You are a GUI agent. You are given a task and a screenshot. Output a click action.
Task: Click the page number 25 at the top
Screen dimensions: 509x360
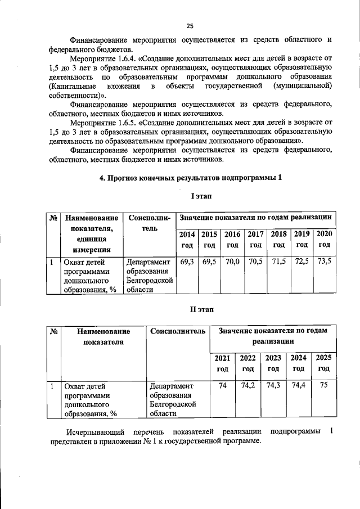click(x=190, y=25)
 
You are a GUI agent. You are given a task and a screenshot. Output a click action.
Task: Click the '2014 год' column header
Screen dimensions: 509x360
click(x=187, y=240)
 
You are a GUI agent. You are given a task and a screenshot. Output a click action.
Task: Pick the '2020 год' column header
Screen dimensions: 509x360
click(x=324, y=239)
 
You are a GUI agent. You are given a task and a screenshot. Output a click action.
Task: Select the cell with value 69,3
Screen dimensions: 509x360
click(x=187, y=262)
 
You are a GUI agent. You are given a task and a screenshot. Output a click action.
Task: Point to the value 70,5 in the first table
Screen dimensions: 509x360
click(x=255, y=262)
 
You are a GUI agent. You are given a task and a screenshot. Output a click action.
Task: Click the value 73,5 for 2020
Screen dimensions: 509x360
click(x=324, y=262)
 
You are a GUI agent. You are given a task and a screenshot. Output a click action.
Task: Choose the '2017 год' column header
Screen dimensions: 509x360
click(x=255, y=240)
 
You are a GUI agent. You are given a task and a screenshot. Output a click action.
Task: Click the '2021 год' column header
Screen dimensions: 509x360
click(x=222, y=363)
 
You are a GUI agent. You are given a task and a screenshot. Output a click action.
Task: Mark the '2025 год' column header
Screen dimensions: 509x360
click(x=323, y=363)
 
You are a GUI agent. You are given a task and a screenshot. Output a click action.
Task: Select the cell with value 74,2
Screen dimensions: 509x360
click(x=247, y=386)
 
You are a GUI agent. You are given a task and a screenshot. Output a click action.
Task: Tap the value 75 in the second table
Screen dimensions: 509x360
click(x=323, y=386)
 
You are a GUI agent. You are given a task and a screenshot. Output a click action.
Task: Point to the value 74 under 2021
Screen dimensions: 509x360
click(x=222, y=386)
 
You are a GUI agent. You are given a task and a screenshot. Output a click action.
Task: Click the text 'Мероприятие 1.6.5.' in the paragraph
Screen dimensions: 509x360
click(x=103, y=121)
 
